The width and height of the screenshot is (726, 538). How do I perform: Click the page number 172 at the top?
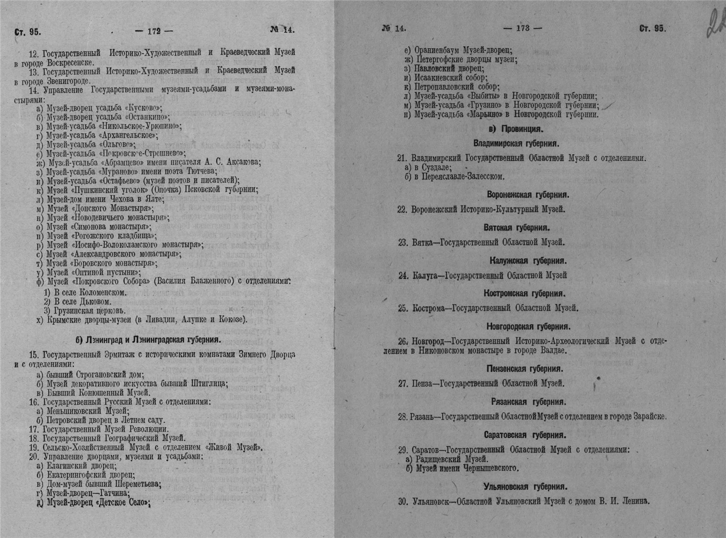click(x=154, y=31)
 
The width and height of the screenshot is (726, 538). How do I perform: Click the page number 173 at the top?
click(x=522, y=29)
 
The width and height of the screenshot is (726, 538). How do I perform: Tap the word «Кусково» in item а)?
click(x=144, y=108)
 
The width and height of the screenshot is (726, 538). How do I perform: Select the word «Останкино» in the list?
click(x=151, y=117)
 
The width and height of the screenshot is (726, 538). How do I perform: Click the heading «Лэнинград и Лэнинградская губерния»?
click(x=148, y=339)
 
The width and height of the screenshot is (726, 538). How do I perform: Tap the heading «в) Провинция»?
click(x=516, y=129)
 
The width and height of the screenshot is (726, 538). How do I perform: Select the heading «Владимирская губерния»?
click(x=516, y=143)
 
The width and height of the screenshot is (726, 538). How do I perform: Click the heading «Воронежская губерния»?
click(x=528, y=195)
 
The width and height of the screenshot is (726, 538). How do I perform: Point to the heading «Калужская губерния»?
click(x=528, y=261)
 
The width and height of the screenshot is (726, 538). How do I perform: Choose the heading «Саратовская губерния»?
click(x=525, y=435)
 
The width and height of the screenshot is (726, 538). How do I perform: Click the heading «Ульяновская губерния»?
click(x=525, y=487)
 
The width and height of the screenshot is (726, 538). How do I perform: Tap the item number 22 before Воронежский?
click(x=402, y=210)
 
